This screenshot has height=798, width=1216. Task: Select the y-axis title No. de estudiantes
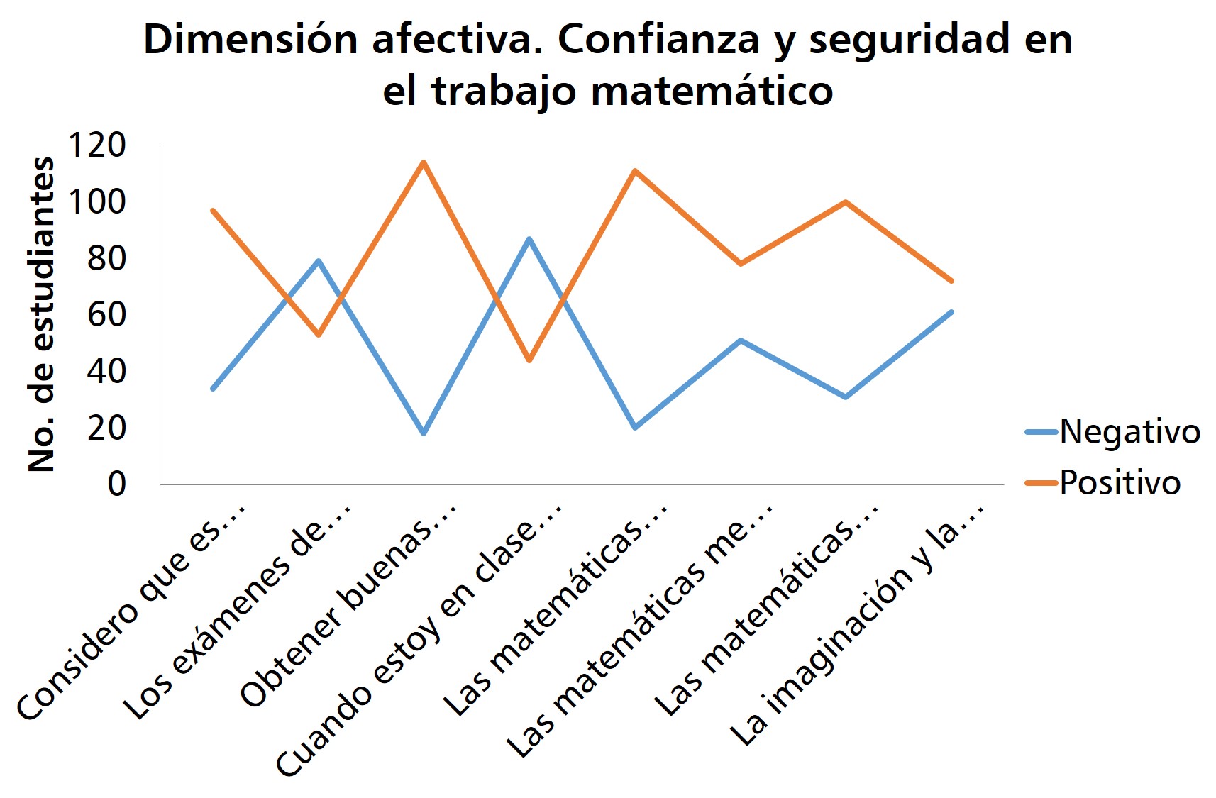(x=41, y=314)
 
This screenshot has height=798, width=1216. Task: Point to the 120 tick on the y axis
(x=96, y=145)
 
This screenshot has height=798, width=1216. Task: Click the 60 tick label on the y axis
(x=106, y=314)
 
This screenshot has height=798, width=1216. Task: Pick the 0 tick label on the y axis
(x=116, y=484)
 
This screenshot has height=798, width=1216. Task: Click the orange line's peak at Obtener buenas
(x=424, y=162)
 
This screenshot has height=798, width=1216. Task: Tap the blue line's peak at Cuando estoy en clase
(x=529, y=239)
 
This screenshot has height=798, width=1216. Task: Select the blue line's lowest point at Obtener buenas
(x=424, y=433)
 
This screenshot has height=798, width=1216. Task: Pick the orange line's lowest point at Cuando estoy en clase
(x=529, y=360)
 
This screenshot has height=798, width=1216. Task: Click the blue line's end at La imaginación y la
(x=951, y=312)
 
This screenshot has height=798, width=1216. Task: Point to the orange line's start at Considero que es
(x=213, y=211)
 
